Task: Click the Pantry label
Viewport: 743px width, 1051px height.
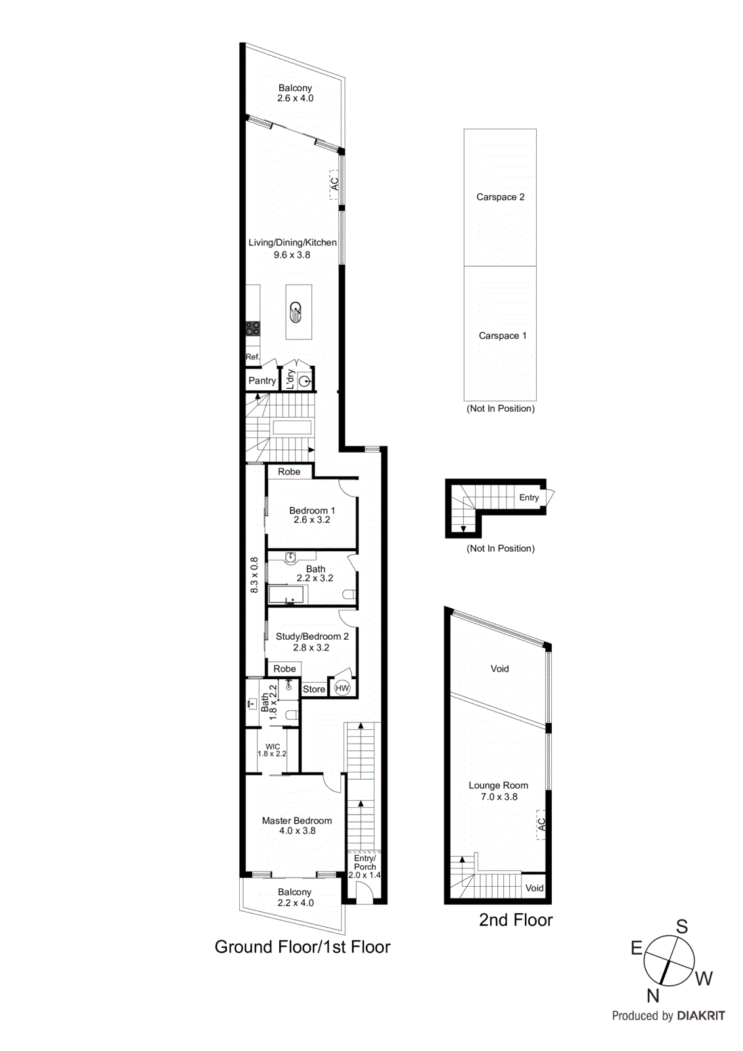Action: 261,380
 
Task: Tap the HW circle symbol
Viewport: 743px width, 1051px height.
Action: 342,688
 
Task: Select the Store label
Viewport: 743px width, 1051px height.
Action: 314,689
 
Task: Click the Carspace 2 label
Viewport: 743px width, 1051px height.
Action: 500,197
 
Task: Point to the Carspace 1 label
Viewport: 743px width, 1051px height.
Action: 503,336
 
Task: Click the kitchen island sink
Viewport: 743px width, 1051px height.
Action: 296,311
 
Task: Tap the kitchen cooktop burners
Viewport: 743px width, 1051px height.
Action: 253,328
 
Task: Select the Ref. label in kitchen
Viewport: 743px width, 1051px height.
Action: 252,357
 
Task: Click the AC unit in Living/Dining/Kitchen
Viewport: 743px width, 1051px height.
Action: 334,184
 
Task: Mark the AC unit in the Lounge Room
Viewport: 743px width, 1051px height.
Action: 541,824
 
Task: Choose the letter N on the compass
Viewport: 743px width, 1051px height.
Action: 652,996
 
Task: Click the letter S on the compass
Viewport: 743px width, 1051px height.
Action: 682,927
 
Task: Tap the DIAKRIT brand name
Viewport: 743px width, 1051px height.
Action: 700,1016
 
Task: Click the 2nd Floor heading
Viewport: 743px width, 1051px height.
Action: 516,920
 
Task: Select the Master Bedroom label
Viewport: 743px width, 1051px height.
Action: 297,820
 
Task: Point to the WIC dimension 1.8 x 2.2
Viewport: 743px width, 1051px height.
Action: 272,754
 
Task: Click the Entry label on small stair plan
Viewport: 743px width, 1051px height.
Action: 529,497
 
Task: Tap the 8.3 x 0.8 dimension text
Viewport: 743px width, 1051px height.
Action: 254,575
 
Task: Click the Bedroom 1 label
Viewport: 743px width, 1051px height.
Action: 312,510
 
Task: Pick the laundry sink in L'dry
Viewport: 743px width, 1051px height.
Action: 304,380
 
